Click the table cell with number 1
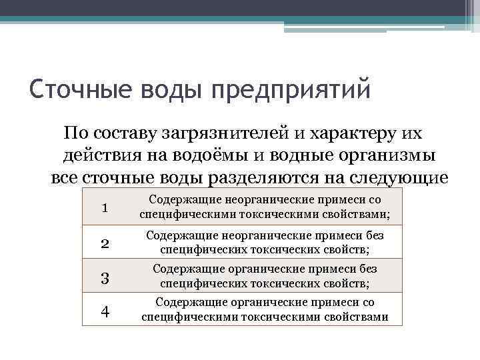(x=105, y=208)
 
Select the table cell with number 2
(x=105, y=243)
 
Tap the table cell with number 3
(x=105, y=277)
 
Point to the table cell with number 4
(x=105, y=311)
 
